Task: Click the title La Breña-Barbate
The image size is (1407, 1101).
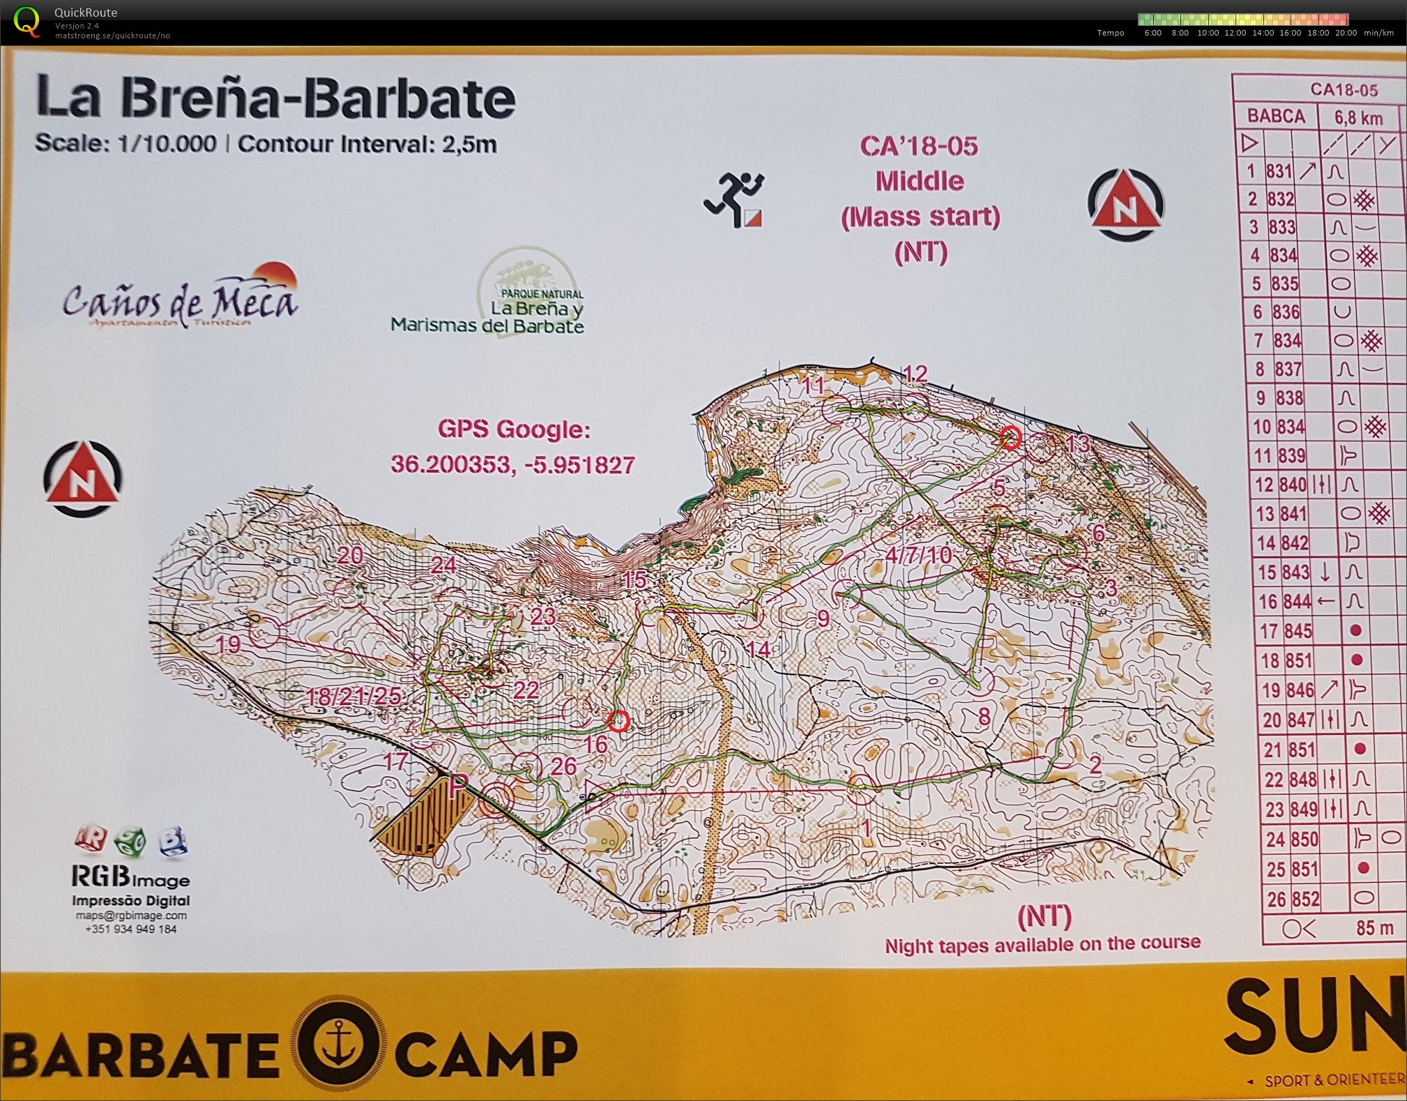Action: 275,98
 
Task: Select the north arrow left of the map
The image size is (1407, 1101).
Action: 82,478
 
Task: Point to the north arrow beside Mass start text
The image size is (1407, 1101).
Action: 1125,204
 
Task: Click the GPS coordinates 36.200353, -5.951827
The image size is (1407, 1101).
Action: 512,464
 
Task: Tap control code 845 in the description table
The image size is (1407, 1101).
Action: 1298,631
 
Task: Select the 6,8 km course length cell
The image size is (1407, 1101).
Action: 1358,117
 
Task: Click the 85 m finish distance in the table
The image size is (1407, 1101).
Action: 1374,928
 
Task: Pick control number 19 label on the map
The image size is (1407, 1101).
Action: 229,644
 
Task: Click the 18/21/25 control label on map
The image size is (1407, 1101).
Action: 354,696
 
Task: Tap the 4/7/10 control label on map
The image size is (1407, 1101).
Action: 918,555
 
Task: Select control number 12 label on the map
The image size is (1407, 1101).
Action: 915,374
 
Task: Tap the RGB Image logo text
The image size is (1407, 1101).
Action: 130,876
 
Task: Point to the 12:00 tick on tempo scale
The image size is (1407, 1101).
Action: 1235,33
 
